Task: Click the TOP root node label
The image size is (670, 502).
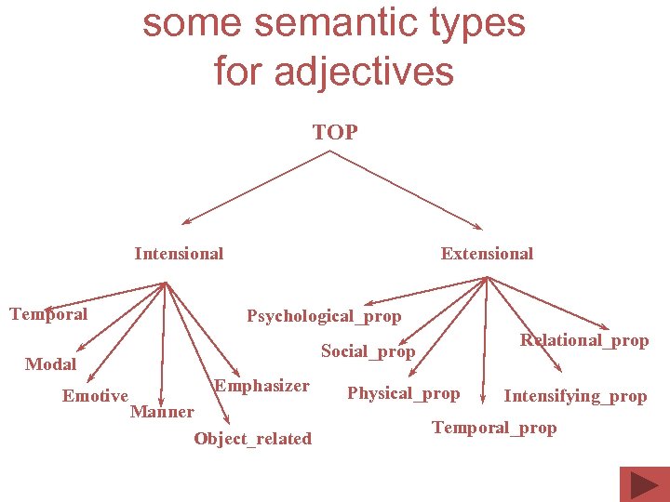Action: click(x=335, y=133)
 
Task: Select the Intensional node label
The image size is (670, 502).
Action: click(x=179, y=254)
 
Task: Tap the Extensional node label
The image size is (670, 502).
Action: click(x=487, y=254)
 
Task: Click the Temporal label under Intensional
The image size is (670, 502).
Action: click(x=48, y=314)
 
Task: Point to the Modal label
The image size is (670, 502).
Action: click(x=50, y=364)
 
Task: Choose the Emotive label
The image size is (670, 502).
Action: click(x=95, y=396)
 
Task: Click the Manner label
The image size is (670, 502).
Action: click(x=162, y=411)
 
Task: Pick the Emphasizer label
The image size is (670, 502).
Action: click(x=261, y=386)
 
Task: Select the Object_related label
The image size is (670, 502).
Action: click(x=252, y=439)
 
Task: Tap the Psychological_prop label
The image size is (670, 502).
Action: click(x=324, y=317)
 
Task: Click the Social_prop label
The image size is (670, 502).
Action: click(x=368, y=351)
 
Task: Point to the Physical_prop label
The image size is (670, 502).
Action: click(x=403, y=393)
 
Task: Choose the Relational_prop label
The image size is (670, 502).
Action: click(x=584, y=340)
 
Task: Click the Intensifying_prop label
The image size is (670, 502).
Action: click(x=575, y=396)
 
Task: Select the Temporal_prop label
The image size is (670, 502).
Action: click(x=494, y=428)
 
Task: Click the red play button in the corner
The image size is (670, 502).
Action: click(x=643, y=483)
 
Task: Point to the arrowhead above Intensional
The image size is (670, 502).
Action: click(x=186, y=222)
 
